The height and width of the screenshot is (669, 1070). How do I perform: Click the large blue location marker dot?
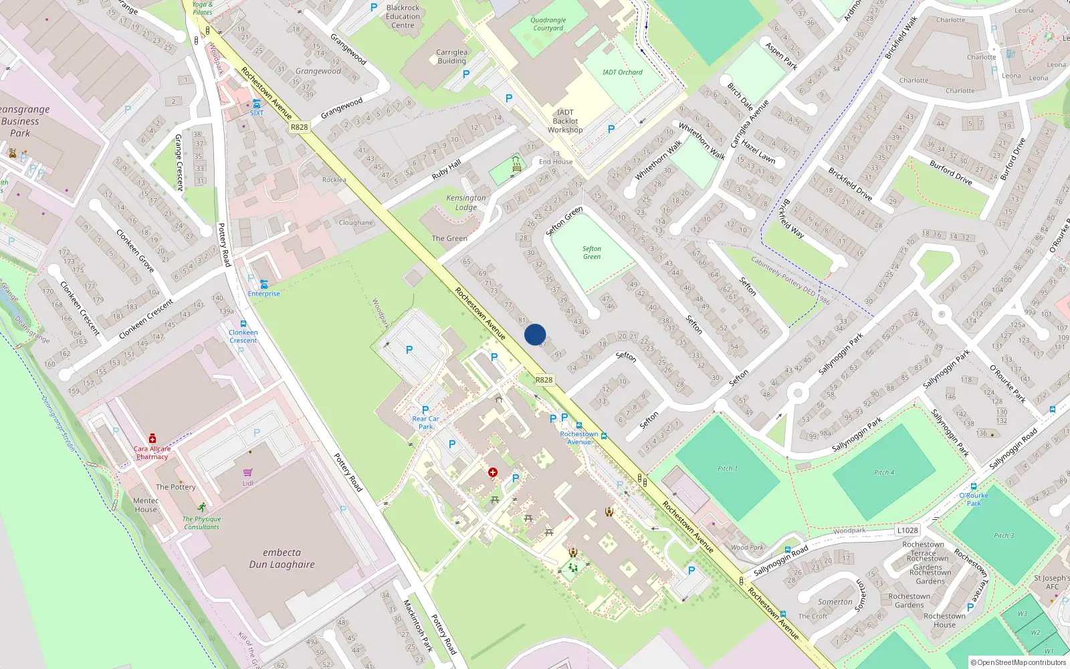coord(535,334)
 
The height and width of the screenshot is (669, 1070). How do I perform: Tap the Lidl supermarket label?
coord(247,483)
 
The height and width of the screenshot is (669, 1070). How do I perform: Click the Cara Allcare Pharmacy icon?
coord(152,438)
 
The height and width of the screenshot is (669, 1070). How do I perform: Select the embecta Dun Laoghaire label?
coord(282,559)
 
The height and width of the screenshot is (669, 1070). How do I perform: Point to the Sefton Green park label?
coord(592,252)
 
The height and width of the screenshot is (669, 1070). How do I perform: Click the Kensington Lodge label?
coord(466,202)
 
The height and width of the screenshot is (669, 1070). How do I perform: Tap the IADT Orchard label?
coord(622,72)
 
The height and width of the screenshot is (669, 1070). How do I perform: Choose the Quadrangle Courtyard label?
coord(548,24)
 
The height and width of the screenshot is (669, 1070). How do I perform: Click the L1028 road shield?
coord(907,530)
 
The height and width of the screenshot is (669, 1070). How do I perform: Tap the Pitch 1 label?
coord(727,468)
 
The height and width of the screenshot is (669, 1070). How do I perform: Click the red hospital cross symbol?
coord(493,472)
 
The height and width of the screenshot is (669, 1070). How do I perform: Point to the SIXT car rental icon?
coord(257,104)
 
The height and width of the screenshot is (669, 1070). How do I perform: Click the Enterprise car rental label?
coord(264,294)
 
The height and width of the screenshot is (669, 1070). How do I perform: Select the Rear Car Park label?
coord(425,423)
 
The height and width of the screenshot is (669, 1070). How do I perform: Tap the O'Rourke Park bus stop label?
coord(974,499)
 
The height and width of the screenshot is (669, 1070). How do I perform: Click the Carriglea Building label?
coord(452,56)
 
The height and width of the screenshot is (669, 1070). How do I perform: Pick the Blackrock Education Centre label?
coord(403,17)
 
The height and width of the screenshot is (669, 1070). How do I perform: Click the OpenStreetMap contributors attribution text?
coord(1019,662)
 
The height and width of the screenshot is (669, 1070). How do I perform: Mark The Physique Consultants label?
coord(201,522)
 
